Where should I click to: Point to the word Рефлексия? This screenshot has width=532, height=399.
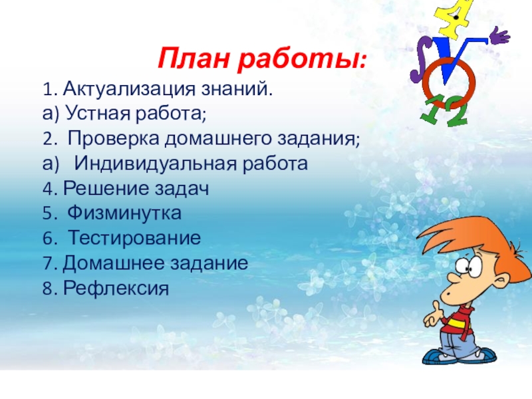(116, 289)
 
